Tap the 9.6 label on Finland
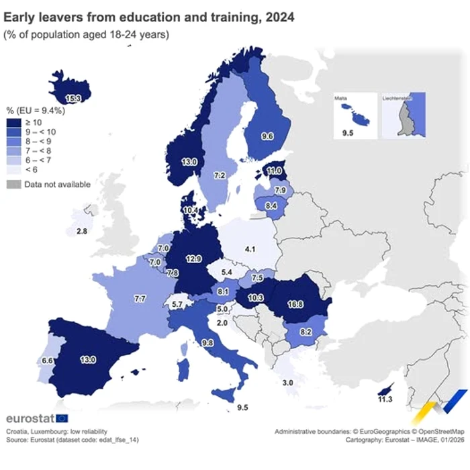tap(267, 136)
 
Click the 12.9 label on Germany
tap(193, 258)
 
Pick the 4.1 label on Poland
tap(250, 249)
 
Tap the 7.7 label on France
tap(140, 297)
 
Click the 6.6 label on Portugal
tap(48, 361)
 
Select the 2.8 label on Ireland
tap(81, 231)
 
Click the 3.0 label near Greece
tap(287, 382)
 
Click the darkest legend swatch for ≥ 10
tap(13, 122)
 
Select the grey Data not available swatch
tap(13, 184)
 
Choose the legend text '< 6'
tap(31, 169)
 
